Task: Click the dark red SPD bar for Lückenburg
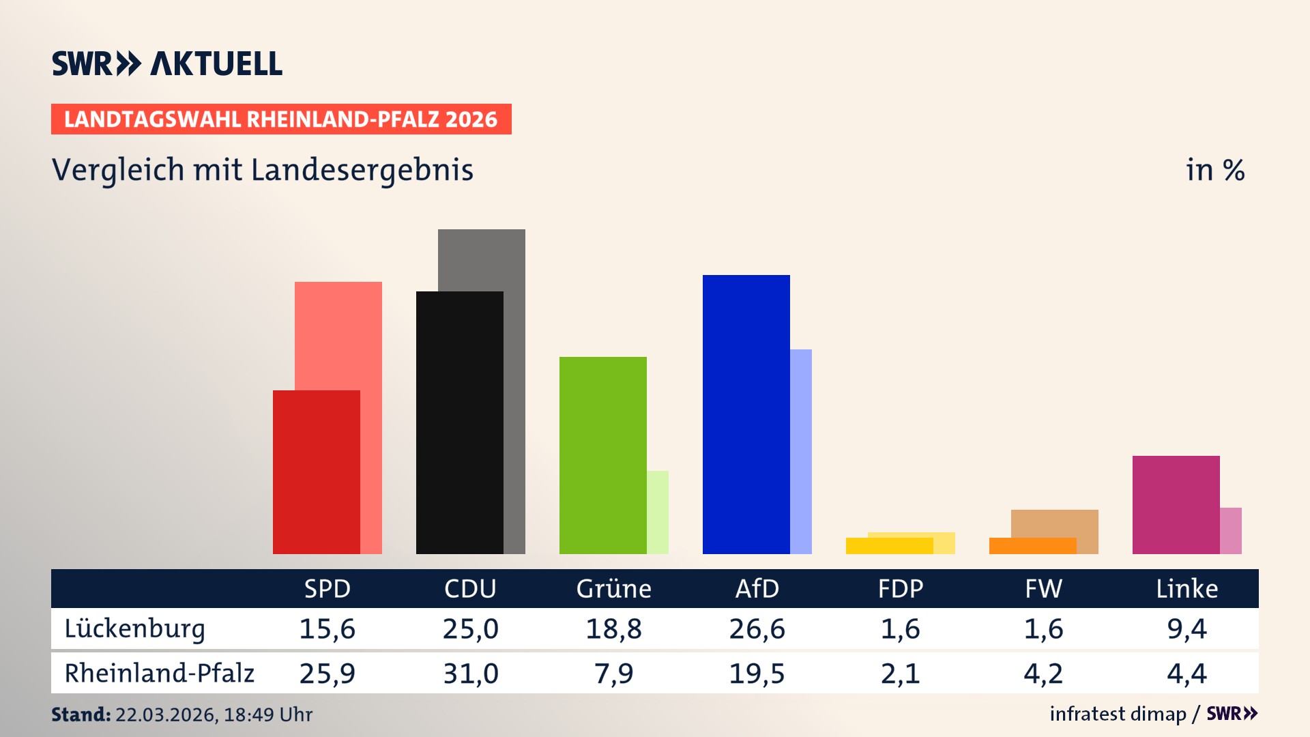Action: (316, 472)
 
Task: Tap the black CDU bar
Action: (459, 423)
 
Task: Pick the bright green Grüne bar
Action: (602, 455)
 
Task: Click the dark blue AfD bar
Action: (746, 414)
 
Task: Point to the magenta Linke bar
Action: (1176, 505)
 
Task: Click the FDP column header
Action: (900, 588)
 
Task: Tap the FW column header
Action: (1043, 588)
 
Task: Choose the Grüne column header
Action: (613, 588)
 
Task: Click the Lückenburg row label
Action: (134, 628)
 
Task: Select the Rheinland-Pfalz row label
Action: (159, 674)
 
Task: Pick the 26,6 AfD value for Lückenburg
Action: (757, 628)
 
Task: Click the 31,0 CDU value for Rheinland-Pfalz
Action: (470, 674)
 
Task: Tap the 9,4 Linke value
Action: (1187, 628)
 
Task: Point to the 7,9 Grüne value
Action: (613, 674)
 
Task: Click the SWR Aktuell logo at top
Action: (167, 63)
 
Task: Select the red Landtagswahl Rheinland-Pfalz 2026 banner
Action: (281, 119)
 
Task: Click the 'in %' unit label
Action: (1214, 171)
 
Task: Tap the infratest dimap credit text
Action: (1118, 714)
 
